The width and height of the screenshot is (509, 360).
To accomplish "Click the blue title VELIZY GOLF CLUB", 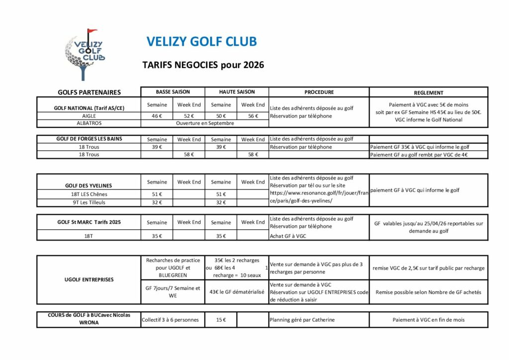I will click(202, 42).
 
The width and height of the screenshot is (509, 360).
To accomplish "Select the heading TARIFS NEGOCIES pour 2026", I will click(203, 65).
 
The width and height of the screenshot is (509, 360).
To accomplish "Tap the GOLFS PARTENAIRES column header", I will click(89, 92).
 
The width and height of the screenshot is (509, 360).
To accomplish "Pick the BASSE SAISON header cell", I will click(172, 92).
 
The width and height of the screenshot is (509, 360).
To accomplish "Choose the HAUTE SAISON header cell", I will click(237, 92).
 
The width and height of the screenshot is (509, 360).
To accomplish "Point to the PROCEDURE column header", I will click(319, 92).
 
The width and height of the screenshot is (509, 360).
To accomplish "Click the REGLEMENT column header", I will click(428, 92).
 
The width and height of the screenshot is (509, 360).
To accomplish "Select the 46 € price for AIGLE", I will click(157, 116).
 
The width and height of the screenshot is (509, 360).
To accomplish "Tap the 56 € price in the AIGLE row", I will click(253, 116).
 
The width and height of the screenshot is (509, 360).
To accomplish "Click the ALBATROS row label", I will click(89, 123).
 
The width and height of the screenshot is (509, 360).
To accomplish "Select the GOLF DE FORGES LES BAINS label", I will click(89, 139).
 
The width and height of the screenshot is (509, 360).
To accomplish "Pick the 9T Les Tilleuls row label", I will click(89, 202).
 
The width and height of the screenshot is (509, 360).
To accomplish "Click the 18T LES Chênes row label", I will click(89, 194).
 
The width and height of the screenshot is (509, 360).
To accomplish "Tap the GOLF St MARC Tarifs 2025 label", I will click(89, 222).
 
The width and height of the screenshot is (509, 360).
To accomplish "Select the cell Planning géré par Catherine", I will click(302, 320).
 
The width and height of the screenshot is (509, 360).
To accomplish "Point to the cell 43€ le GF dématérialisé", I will click(237, 292).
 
